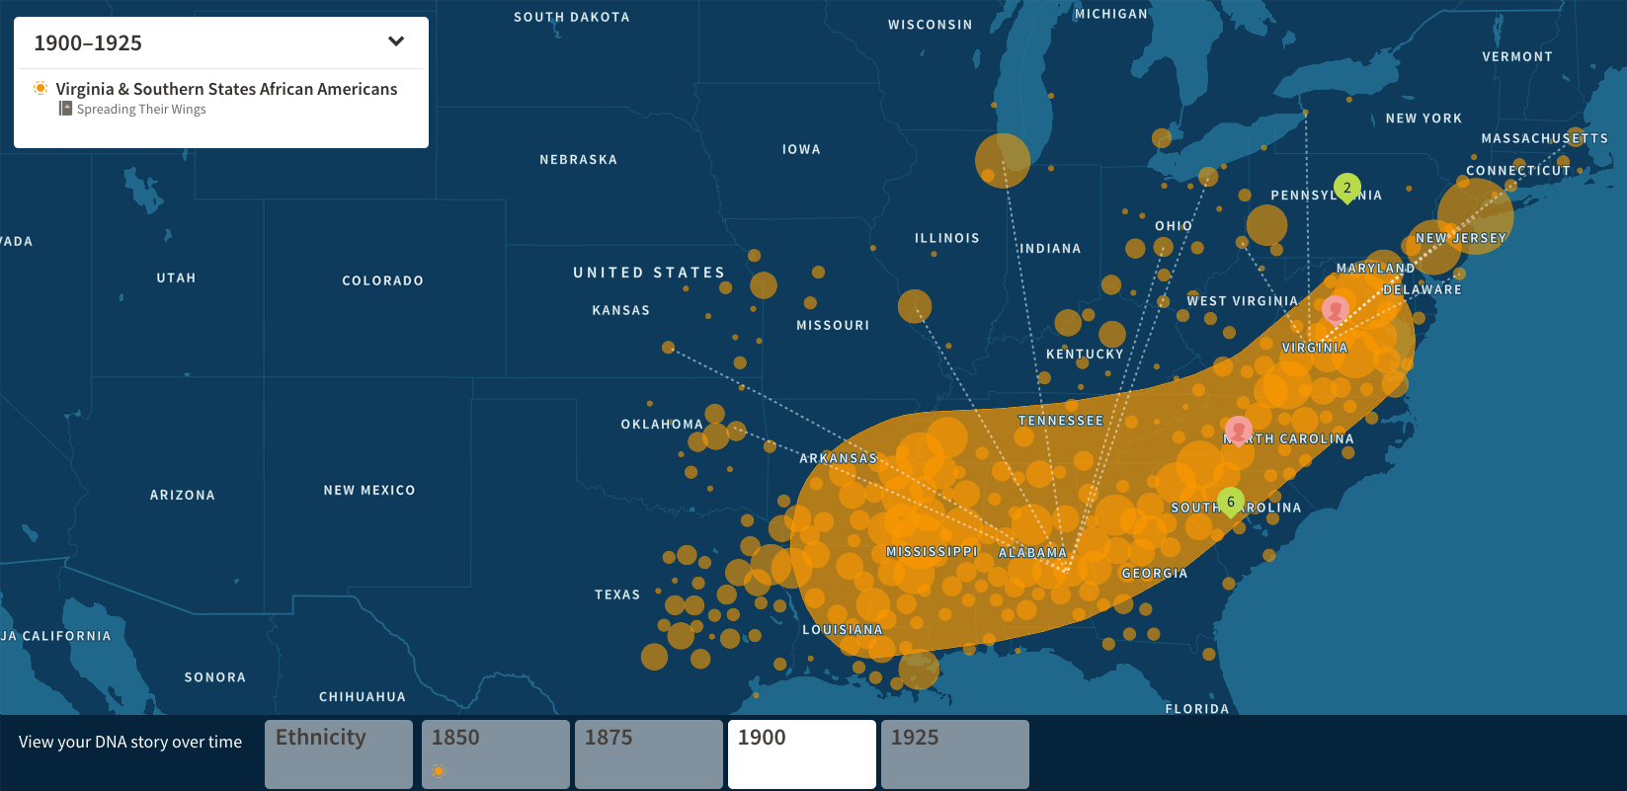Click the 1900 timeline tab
pos(801,753)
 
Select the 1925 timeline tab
pos(954,753)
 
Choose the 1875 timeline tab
pos(648,753)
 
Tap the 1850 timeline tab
pos(495,753)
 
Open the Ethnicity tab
pos(338,753)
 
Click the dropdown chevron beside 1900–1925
pos(396,41)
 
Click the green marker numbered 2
pos(1346,187)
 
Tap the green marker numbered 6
pos(1230,502)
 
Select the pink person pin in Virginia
pos(1336,309)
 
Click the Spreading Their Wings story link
pos(140,110)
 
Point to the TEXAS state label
pos(617,594)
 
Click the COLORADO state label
pos(382,280)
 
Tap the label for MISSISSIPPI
pos(932,552)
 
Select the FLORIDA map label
pos(1196,708)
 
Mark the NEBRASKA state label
pos(578,159)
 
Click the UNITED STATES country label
pos(649,273)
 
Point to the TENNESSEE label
pos(1060,421)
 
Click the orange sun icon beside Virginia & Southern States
pos(41,88)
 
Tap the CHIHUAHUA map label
pos(362,696)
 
